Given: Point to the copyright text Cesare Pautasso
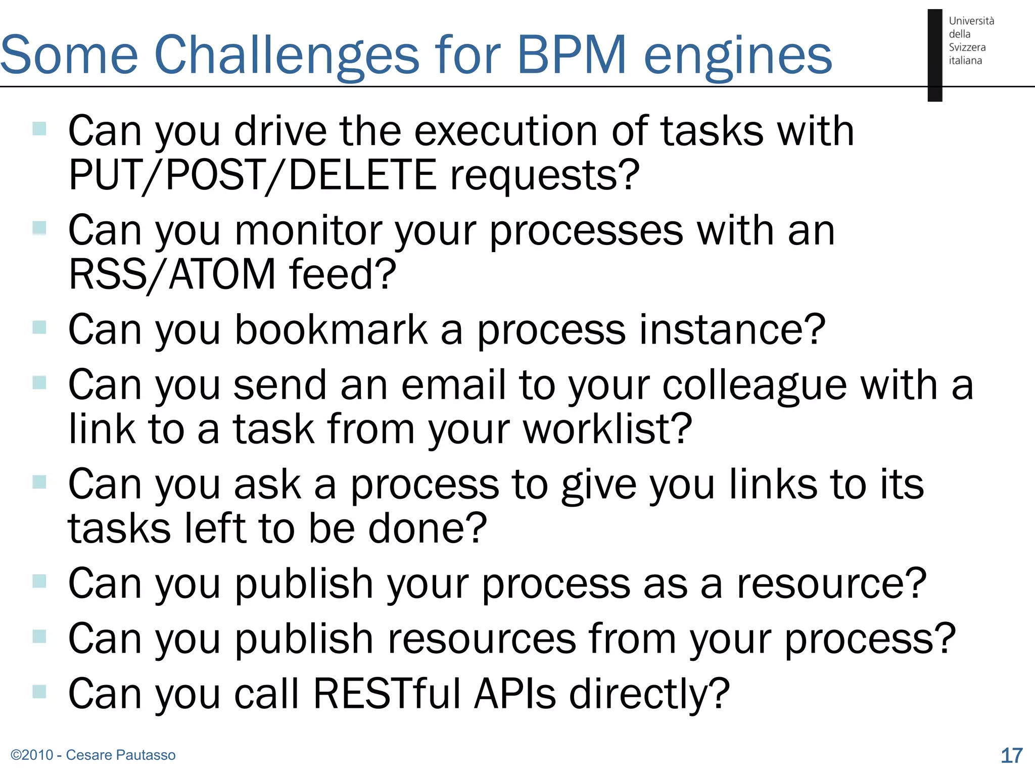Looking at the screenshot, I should coord(121,755).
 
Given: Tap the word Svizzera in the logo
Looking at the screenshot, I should coord(967,47).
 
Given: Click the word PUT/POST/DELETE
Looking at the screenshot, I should coord(253,175).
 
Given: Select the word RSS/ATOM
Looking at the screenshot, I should coord(172,274).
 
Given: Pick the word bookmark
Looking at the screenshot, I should coord(332,329).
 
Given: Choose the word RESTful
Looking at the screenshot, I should coord(387,693).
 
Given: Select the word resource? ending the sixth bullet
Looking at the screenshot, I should coord(831,584).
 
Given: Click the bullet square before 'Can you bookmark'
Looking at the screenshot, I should coord(39,327).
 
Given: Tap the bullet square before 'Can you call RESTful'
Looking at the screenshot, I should coord(39,691).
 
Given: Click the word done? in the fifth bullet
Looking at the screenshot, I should coord(428,528).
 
